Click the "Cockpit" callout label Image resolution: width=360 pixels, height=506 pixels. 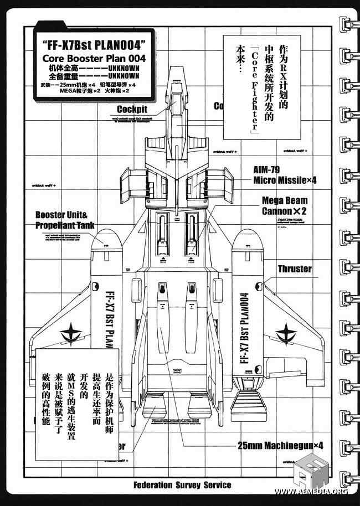(132, 110)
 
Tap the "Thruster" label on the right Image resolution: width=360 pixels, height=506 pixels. (294, 269)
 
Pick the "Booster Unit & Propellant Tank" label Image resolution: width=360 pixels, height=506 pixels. (65, 220)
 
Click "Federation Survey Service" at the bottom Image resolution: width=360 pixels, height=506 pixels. (182, 485)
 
